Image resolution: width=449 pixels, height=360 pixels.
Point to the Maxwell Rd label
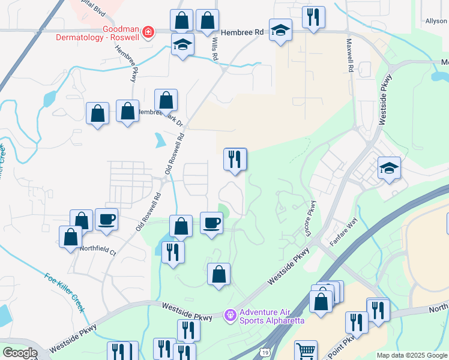click(x=349, y=56)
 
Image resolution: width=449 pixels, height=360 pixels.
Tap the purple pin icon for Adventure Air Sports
click(x=229, y=314)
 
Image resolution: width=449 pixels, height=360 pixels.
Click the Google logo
click(x=20, y=353)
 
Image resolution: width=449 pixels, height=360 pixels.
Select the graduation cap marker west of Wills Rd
click(x=182, y=44)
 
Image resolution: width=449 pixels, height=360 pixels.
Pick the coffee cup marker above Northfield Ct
click(x=106, y=220)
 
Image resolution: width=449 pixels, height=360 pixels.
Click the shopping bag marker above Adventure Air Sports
click(x=219, y=274)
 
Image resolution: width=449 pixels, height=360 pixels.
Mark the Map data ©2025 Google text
click(x=411, y=355)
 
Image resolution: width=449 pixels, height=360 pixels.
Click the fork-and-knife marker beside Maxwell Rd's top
click(x=313, y=17)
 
